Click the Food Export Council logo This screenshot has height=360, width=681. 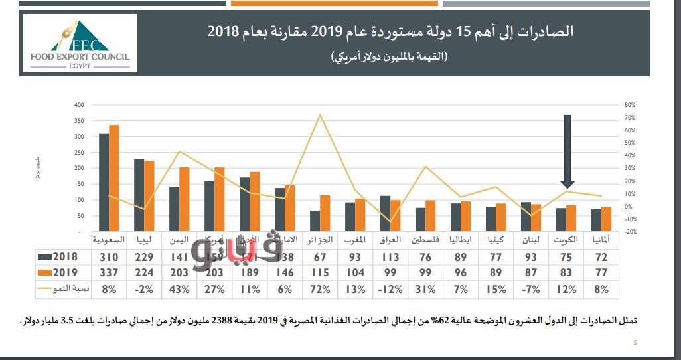pyautogui.click(x=80, y=43)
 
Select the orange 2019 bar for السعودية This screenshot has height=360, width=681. pyautogui.click(x=114, y=178)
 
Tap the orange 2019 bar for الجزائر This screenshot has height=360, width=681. pyautogui.click(x=325, y=213)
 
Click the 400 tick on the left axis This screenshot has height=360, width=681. pyautogui.click(x=80, y=105)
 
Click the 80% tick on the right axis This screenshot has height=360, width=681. pyautogui.click(x=630, y=105)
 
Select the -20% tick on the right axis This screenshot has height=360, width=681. pyautogui.click(x=630, y=232)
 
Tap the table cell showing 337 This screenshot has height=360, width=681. pyautogui.click(x=109, y=273)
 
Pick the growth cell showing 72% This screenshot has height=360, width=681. pyautogui.click(x=319, y=290)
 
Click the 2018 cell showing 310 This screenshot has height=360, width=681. pyautogui.click(x=109, y=257)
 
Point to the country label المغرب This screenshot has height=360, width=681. pyautogui.click(x=354, y=240)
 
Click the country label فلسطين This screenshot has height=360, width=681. pyautogui.click(x=425, y=240)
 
